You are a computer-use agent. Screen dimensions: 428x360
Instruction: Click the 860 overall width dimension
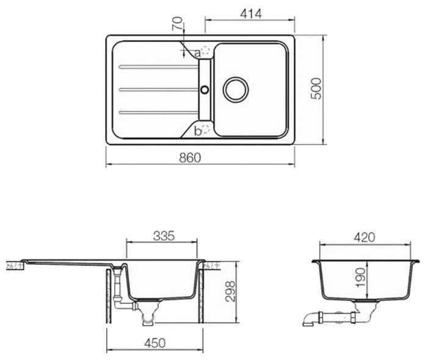[x=190, y=157]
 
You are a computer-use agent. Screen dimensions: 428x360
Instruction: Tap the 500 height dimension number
[x=317, y=88]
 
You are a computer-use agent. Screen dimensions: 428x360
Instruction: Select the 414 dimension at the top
[x=251, y=13]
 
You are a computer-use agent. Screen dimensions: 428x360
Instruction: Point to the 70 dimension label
[x=177, y=23]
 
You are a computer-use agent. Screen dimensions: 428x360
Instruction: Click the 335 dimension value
[x=164, y=236]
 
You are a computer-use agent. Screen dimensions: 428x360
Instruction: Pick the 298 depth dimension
[x=230, y=291]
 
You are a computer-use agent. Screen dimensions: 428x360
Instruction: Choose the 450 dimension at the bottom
[x=155, y=343]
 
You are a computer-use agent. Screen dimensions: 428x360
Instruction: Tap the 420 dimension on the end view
[x=365, y=237]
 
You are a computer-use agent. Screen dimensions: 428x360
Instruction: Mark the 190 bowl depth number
[x=360, y=278]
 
